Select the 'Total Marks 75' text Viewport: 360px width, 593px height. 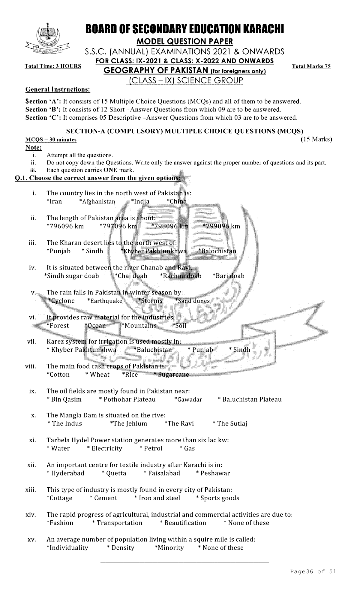click(x=311, y=66)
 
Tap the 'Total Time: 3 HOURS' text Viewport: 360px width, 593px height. click(x=53, y=66)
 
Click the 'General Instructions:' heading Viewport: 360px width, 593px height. click(x=58, y=89)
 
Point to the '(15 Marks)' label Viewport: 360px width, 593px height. click(x=316, y=140)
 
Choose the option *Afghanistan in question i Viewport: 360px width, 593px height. click(x=97, y=201)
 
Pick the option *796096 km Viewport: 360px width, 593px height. click(x=65, y=226)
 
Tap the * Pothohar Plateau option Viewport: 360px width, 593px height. click(x=127, y=399)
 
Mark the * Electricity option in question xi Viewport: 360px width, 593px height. click(x=105, y=448)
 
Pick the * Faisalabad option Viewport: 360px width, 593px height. click(x=162, y=473)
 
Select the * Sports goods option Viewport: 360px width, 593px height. click(x=217, y=498)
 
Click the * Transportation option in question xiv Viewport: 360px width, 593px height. click(x=117, y=523)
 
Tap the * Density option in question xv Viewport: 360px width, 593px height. click(x=121, y=548)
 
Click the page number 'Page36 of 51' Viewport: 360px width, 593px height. click(x=313, y=572)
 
